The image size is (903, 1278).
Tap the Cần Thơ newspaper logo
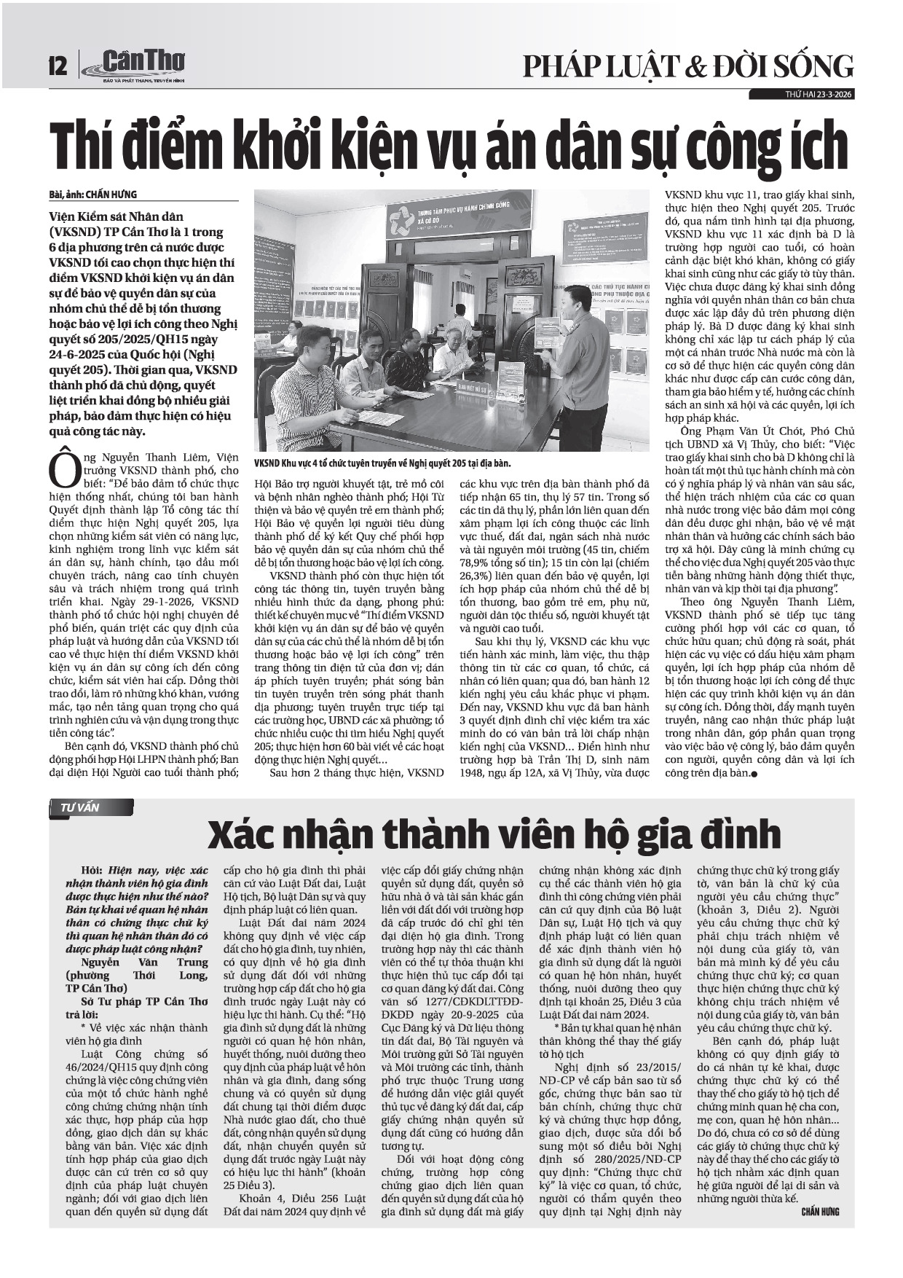tap(138, 65)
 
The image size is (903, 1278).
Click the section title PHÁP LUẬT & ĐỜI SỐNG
tap(687, 66)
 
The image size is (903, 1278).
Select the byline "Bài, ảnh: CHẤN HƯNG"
tap(93, 195)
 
